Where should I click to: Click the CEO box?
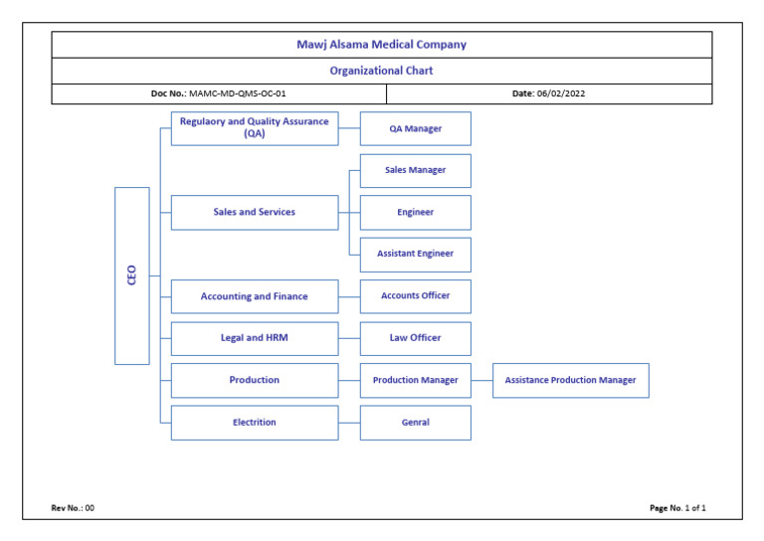pos(132,275)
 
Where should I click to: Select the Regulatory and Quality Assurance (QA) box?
pos(255,128)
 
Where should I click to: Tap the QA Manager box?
pos(415,128)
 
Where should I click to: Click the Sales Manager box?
pos(415,170)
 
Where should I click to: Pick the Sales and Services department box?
pos(255,212)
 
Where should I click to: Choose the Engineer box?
pos(415,212)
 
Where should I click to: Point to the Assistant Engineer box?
pos(415,254)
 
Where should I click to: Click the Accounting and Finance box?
pos(255,296)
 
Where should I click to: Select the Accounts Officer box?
pos(415,295)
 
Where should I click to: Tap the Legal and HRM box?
pos(255,338)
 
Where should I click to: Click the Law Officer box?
pos(415,338)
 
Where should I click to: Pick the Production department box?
pos(255,380)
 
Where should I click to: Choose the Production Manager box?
pos(415,380)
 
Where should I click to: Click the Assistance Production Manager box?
pos(570,380)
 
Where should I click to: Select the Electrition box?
pos(255,423)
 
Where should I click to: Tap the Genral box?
pos(415,423)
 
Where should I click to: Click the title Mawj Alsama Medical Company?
pos(381,45)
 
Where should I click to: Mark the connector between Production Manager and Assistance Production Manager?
pos(481,380)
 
